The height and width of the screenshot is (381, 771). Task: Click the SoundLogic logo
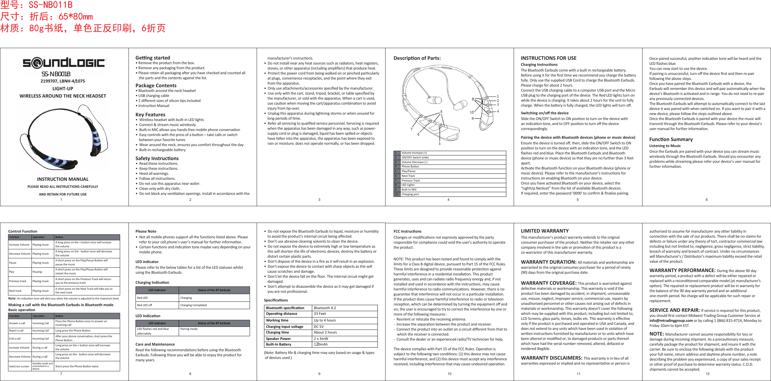(x=64, y=62)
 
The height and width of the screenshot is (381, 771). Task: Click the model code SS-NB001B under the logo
(x=56, y=74)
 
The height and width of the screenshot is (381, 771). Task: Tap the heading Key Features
(x=150, y=115)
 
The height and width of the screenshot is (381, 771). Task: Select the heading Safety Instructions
(x=157, y=158)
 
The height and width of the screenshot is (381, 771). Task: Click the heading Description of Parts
(x=417, y=58)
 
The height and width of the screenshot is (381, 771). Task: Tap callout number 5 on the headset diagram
(x=439, y=144)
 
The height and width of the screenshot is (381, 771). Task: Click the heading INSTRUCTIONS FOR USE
(x=548, y=58)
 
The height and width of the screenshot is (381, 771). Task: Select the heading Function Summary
(x=671, y=139)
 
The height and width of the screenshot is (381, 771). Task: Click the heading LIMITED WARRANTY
(x=544, y=231)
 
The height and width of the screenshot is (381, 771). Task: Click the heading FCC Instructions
(x=407, y=231)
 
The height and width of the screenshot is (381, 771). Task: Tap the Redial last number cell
(x=19, y=366)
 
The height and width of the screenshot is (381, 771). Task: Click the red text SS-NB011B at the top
(x=51, y=5)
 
